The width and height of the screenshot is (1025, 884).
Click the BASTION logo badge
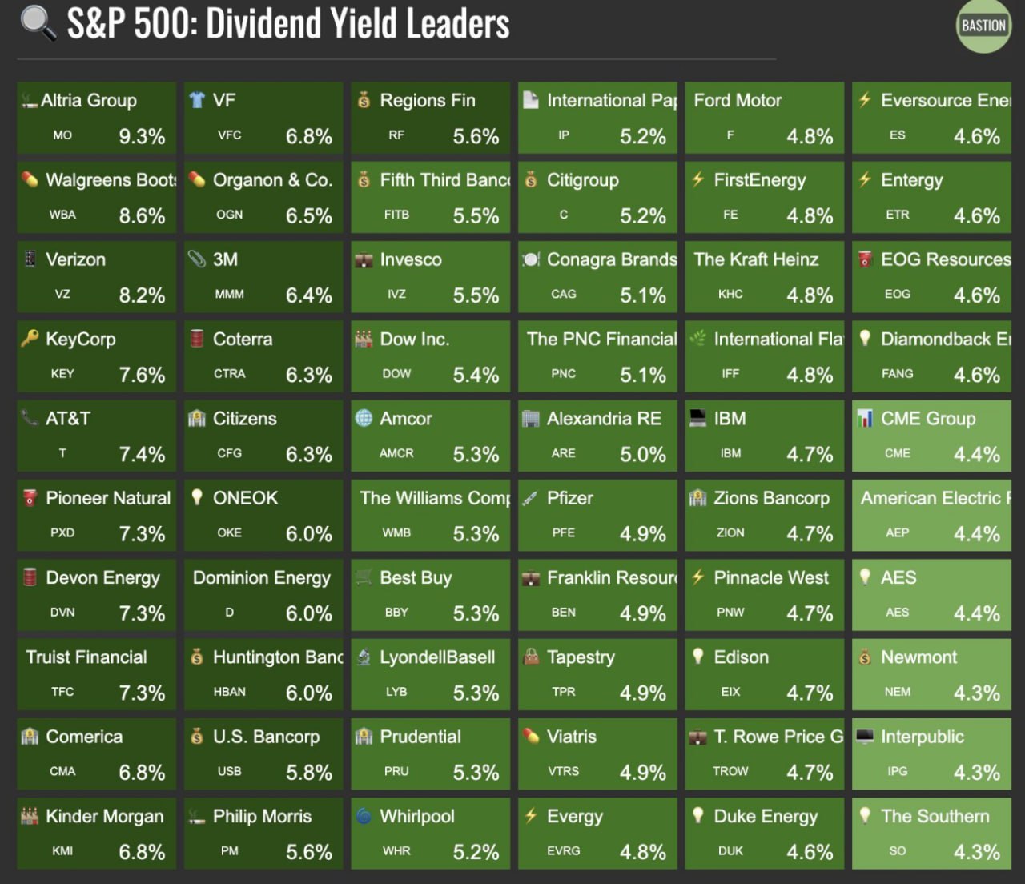(983, 26)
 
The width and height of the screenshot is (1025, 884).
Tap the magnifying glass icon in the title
(38, 23)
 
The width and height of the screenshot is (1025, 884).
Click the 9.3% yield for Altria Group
(142, 137)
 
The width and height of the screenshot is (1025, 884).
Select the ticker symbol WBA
(62, 215)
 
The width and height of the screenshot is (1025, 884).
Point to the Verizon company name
(75, 259)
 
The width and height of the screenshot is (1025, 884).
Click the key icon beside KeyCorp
(30, 339)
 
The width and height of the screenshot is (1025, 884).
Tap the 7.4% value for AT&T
(142, 455)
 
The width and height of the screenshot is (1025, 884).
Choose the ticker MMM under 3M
(229, 294)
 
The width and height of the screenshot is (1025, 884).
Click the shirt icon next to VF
(197, 100)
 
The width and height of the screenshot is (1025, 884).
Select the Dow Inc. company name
(414, 339)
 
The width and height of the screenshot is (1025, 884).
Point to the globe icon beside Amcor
(364, 418)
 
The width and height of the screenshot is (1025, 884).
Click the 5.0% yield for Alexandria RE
(642, 455)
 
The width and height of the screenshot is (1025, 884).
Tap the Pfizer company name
(569, 498)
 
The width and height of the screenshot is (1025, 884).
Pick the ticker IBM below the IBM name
(730, 453)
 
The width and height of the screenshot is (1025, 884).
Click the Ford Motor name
(738, 100)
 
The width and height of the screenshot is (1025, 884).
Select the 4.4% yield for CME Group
(976, 455)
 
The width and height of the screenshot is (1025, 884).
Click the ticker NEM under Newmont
(897, 692)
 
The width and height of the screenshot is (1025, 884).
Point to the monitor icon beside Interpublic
(865, 737)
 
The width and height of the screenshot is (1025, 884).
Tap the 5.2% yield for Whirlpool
(476, 852)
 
